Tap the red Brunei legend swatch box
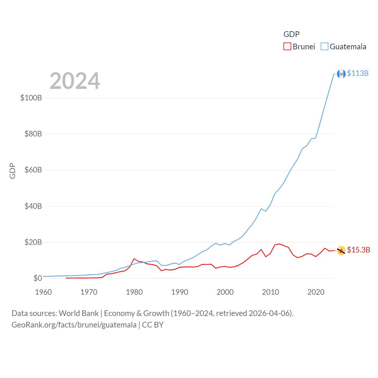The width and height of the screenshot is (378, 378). point(287,47)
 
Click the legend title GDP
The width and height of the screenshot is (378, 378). point(291,34)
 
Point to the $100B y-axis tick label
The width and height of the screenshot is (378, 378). point(31,98)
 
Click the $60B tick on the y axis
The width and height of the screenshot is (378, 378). point(33,170)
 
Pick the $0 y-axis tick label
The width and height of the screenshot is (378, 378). point(38,278)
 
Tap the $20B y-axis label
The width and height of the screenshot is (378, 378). point(33,242)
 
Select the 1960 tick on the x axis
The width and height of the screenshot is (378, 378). point(43,292)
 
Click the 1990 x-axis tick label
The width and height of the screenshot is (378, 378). point(180,292)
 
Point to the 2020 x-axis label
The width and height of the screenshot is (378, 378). point(316,292)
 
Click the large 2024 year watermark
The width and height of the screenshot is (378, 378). point(75,81)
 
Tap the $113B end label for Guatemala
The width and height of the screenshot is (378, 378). point(358,73)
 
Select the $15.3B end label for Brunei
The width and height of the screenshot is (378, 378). point(359,250)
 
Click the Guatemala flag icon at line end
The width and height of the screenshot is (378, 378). point(341,74)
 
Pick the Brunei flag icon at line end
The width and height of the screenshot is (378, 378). point(341,250)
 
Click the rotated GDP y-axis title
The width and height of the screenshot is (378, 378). point(12,171)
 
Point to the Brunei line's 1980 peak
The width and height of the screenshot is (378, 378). point(134,259)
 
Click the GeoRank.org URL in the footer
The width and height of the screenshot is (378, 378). point(74,325)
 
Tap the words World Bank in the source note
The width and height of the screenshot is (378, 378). point(79,313)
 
